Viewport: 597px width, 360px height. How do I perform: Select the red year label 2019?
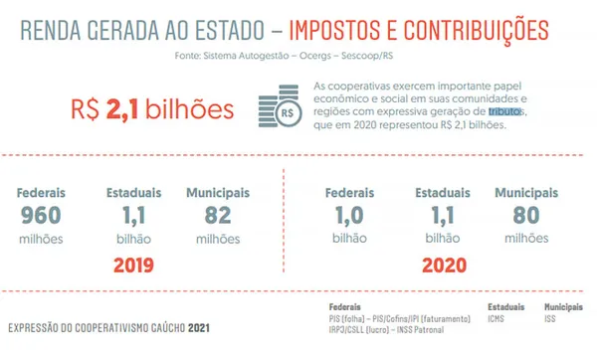(136, 267)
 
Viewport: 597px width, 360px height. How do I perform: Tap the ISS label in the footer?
(551, 318)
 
